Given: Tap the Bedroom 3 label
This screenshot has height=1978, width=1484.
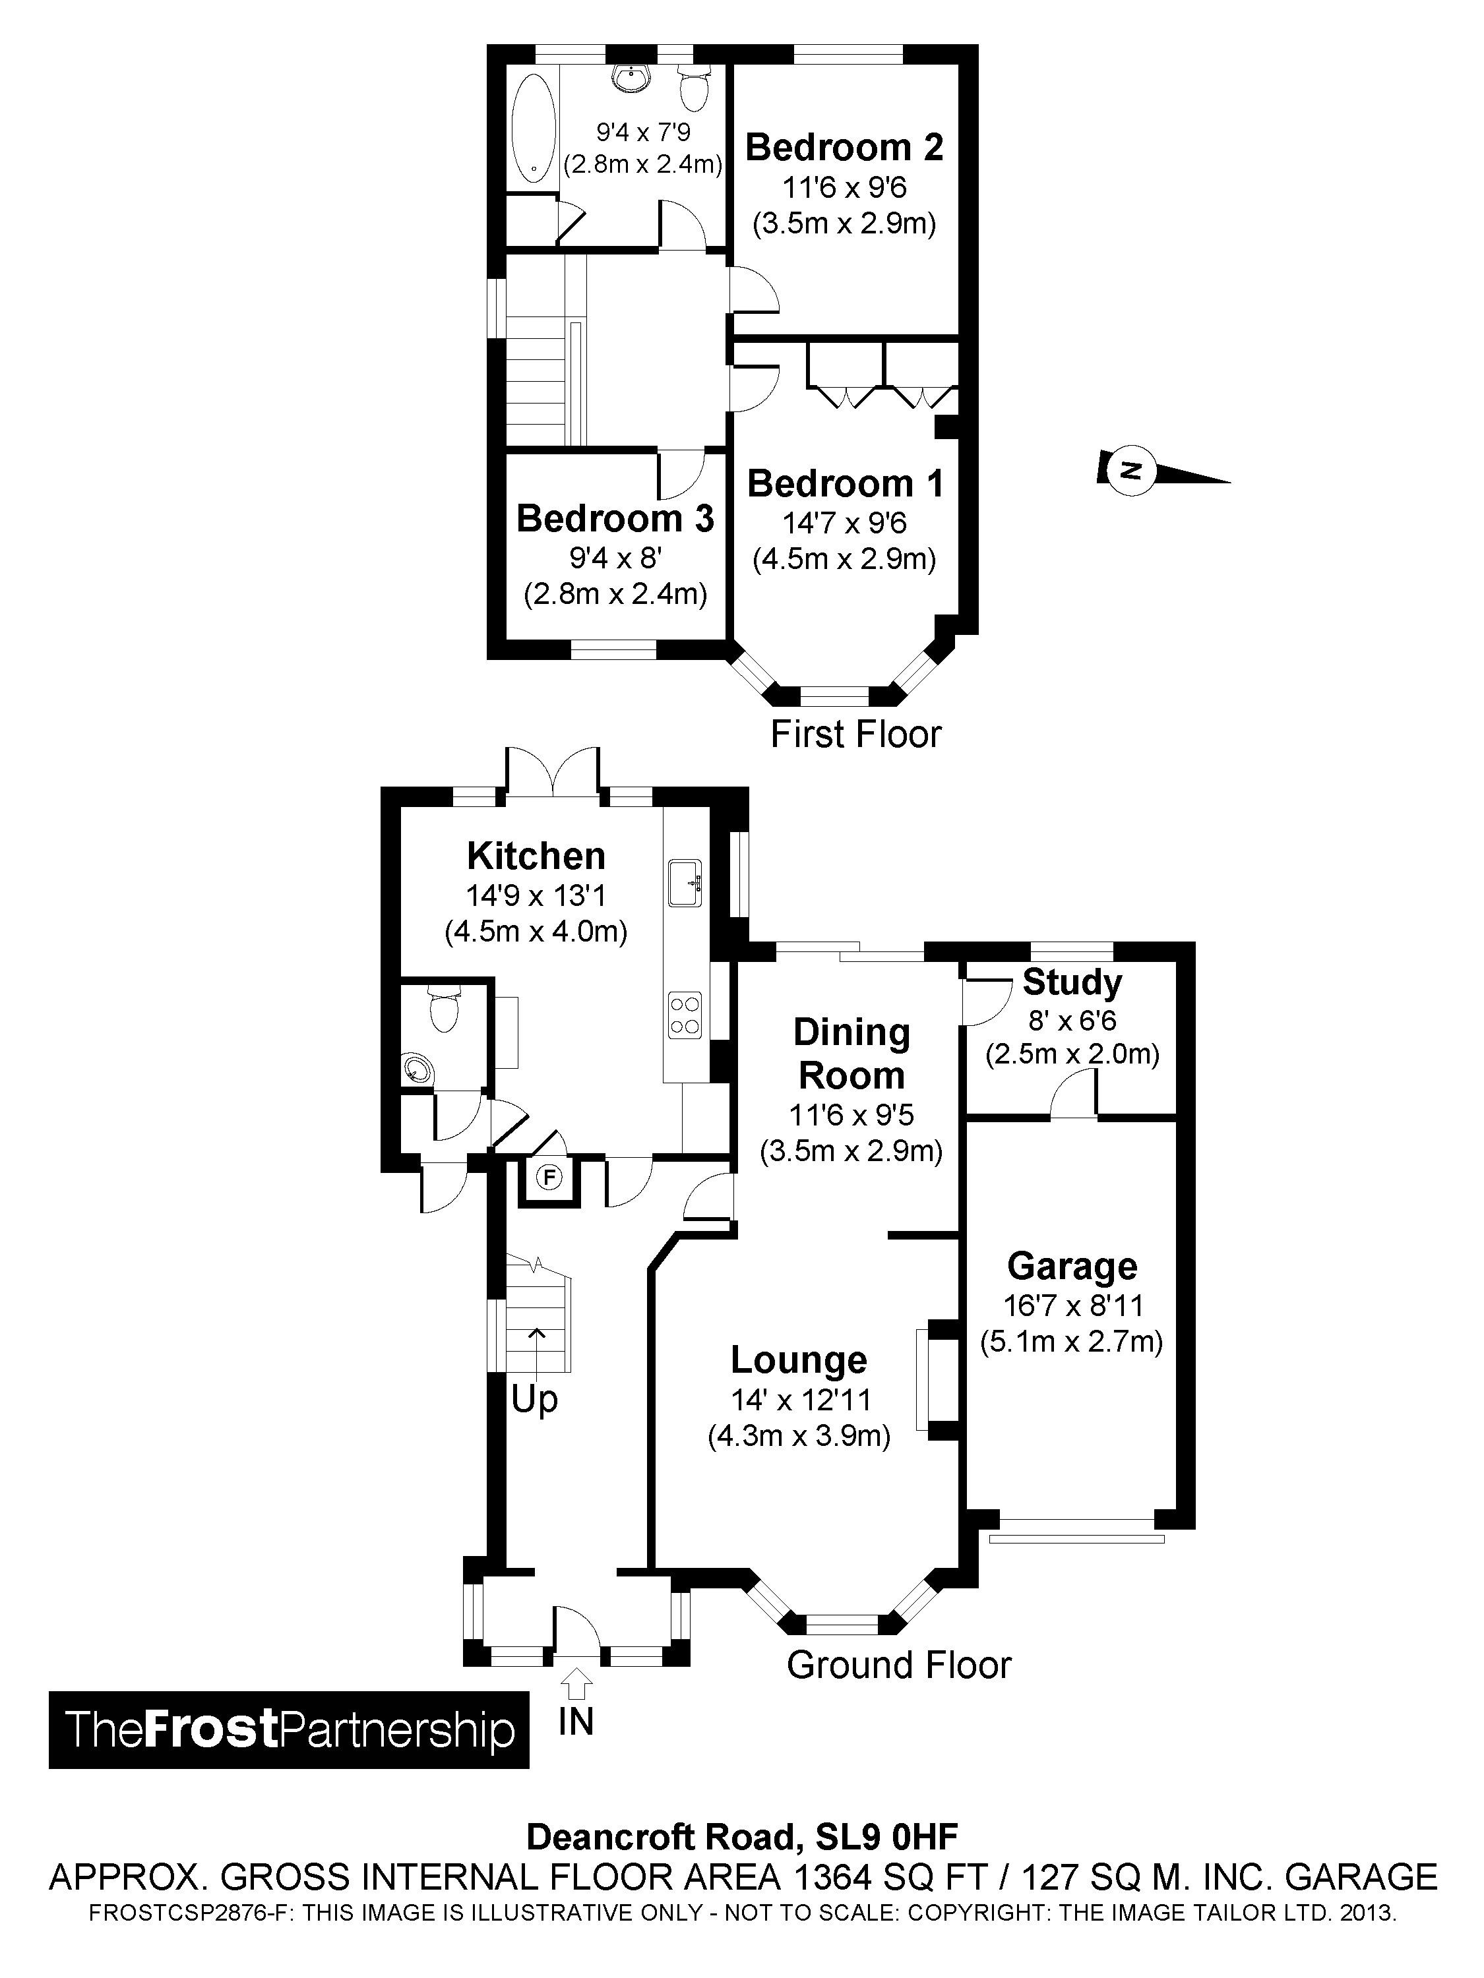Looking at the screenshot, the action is (x=615, y=519).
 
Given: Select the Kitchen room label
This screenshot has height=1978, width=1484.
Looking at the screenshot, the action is (x=536, y=856).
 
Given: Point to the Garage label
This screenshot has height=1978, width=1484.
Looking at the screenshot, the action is (x=1072, y=1266).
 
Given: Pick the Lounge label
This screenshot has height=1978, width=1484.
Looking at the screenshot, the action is (x=799, y=1360).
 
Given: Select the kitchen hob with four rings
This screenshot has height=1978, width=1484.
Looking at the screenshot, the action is (x=685, y=1015).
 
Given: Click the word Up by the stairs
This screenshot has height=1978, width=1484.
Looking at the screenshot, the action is (x=534, y=1398).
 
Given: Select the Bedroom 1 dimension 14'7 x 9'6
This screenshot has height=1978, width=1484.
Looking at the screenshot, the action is (x=844, y=522).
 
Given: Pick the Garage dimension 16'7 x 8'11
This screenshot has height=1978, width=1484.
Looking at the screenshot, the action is (x=1072, y=1305).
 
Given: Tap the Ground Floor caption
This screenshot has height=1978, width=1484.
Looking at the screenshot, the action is (x=898, y=1665).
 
